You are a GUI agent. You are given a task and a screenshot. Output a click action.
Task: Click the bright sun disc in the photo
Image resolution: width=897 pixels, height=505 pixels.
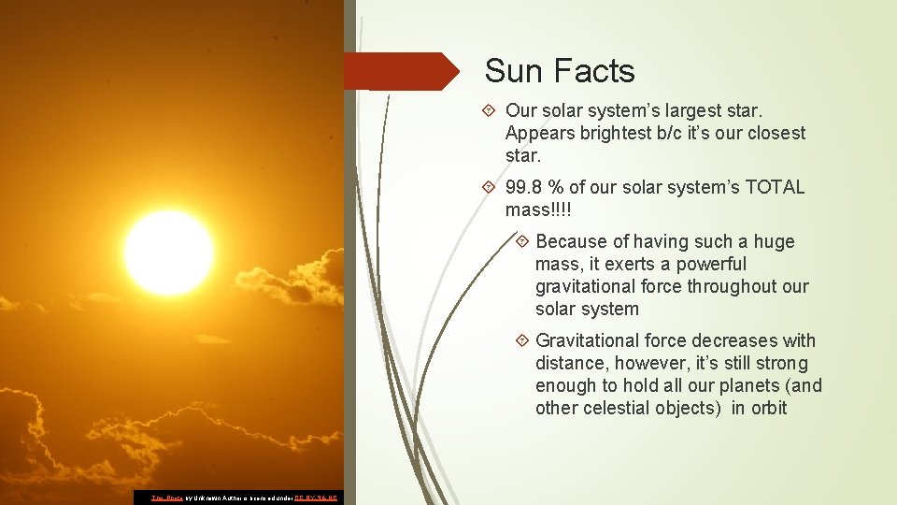(168, 252)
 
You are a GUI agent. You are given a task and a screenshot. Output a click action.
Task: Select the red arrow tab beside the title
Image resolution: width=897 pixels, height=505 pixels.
(402, 71)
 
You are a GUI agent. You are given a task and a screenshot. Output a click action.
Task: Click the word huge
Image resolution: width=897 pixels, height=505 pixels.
(774, 241)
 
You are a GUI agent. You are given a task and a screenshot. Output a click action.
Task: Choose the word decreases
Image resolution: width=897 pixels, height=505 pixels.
(729, 340)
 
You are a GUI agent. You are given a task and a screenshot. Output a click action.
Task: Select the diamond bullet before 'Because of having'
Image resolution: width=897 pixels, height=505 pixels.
(522, 242)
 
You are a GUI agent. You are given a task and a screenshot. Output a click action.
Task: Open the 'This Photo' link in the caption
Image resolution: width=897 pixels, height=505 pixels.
(167, 498)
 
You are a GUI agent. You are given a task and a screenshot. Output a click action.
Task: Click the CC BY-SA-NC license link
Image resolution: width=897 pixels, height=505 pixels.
(319, 498)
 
